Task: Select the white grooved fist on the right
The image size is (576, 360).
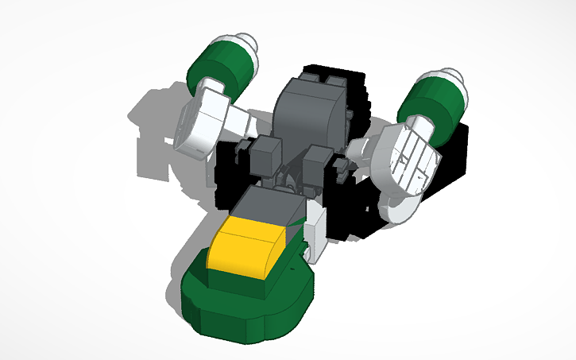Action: (409, 159)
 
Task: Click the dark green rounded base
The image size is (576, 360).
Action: (246, 306)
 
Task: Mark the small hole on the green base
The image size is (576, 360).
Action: (301, 265)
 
